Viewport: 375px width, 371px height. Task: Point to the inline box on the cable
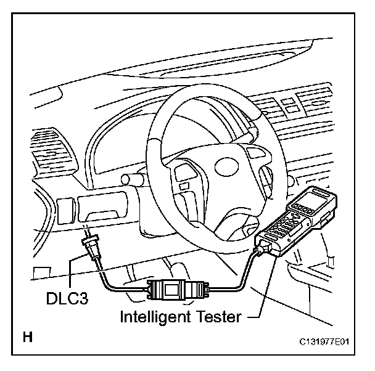coord(170,288)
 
